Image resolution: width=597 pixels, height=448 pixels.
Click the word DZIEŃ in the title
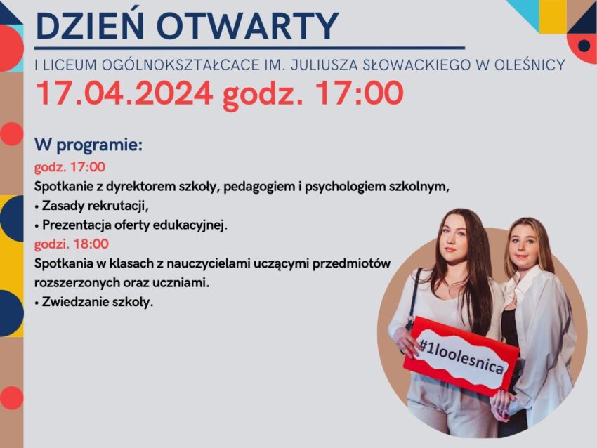tap(90, 25)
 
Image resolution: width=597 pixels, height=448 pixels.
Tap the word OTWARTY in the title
tap(247, 26)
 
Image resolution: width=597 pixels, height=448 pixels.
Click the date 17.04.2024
tap(124, 93)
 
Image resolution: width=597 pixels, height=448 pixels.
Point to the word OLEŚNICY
tap(530, 65)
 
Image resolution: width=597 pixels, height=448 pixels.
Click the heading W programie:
tap(88, 145)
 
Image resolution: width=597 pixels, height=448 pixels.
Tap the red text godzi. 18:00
tap(72, 244)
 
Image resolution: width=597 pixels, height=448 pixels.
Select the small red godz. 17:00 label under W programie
tap(70, 167)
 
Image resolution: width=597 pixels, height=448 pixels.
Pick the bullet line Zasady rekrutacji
tap(91, 206)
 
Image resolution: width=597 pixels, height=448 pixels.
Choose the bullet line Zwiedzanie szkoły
tap(93, 302)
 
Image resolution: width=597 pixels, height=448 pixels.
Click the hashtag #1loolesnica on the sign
tap(461, 357)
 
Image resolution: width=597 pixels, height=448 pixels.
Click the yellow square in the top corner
tap(553, 16)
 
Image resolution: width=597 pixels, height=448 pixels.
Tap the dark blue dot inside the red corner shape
tap(584, 46)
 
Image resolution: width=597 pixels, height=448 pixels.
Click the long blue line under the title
tap(249, 48)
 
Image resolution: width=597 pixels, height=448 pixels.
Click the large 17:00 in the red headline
tap(360, 93)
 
